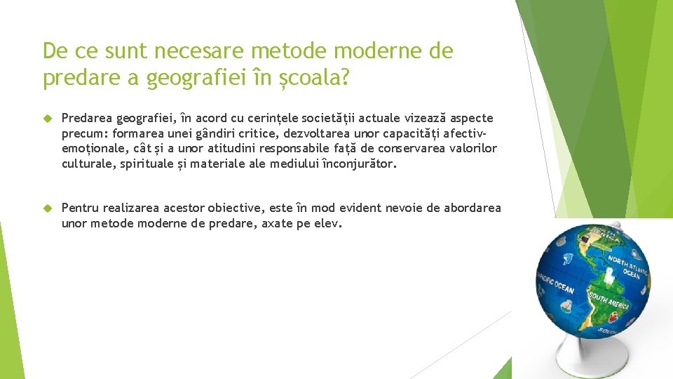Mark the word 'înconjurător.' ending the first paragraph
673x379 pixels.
click(x=360, y=164)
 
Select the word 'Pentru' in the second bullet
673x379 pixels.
click(x=81, y=208)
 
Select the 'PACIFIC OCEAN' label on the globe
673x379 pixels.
click(x=555, y=281)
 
